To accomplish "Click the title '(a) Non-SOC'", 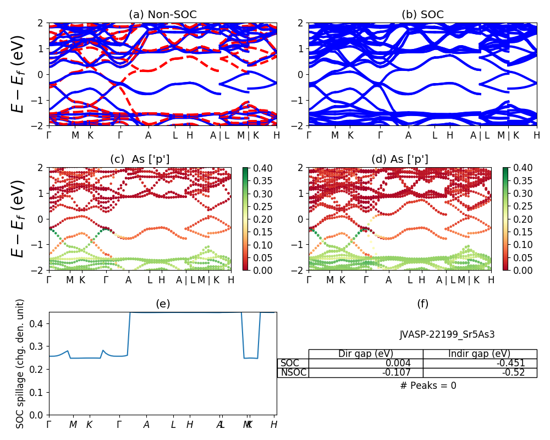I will (x=162, y=15).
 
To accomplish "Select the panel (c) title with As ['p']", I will (x=140, y=159).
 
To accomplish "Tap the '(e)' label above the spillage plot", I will (x=162, y=304).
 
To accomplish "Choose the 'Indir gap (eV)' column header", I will (x=480, y=354).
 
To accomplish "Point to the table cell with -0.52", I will (x=514, y=372).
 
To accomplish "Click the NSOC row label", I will (x=293, y=372).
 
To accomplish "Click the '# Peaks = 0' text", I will (x=428, y=386).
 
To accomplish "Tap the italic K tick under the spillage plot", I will (x=90, y=425).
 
